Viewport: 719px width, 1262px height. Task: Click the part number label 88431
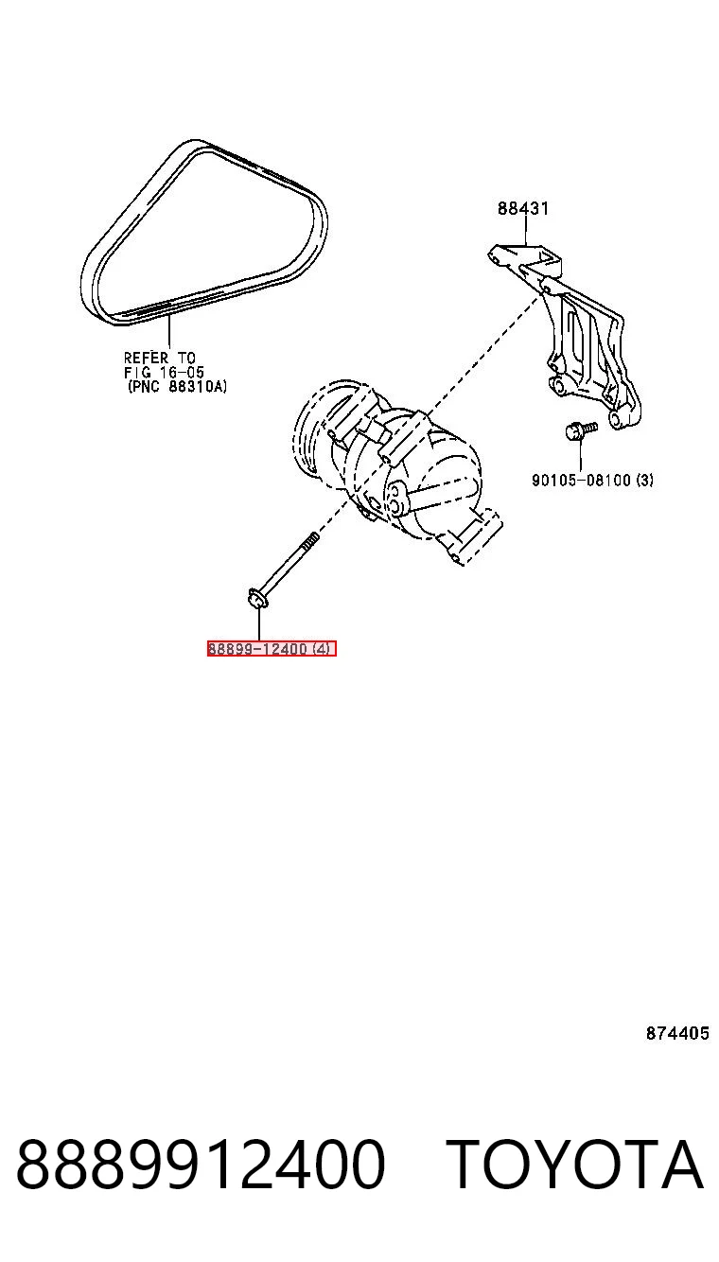click(523, 208)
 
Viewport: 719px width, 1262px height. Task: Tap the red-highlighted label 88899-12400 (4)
click(272, 649)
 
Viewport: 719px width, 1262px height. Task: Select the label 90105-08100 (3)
click(593, 480)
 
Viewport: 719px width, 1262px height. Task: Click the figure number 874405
click(677, 1033)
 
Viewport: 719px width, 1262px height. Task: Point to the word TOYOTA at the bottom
click(575, 1164)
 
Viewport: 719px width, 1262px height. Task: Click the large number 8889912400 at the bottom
click(201, 1164)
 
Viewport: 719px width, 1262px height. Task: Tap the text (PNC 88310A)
click(177, 387)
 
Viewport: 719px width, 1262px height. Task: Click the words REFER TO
click(160, 358)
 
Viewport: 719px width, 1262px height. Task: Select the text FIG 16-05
click(164, 372)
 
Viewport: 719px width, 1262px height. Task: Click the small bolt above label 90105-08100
click(580, 429)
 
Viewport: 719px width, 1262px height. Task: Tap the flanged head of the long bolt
click(258, 597)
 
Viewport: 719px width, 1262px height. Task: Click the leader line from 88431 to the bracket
click(525, 231)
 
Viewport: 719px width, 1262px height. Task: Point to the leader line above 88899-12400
click(258, 624)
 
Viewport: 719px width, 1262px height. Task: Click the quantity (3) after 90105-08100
click(644, 480)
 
